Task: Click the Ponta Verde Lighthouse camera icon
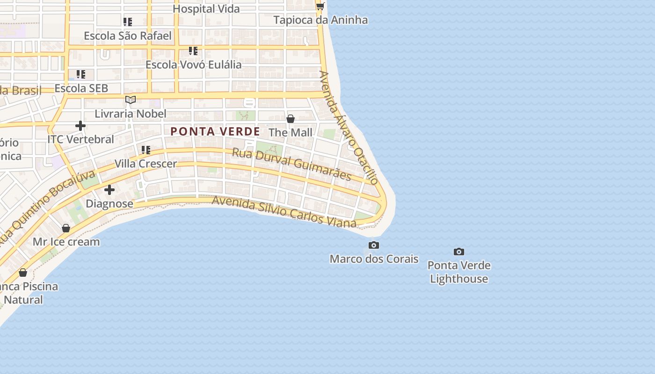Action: point(459,252)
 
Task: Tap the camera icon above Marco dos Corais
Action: point(373,245)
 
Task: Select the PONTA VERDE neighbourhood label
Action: point(215,131)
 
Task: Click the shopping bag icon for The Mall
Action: point(291,119)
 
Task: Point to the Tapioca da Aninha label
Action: point(320,20)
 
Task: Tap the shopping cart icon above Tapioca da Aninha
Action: point(320,6)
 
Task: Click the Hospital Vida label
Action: point(206,8)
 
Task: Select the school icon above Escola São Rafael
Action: point(128,22)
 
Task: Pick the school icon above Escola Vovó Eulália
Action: point(193,50)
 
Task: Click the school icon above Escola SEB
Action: point(81,74)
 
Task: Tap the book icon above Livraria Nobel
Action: point(131,100)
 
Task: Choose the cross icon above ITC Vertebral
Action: point(80,125)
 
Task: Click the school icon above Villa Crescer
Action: point(146,150)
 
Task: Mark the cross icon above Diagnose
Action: point(109,190)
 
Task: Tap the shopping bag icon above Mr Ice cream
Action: point(66,228)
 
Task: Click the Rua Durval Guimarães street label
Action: point(291,164)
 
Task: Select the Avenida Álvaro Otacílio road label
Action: point(349,127)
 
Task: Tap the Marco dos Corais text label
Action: point(374,259)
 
